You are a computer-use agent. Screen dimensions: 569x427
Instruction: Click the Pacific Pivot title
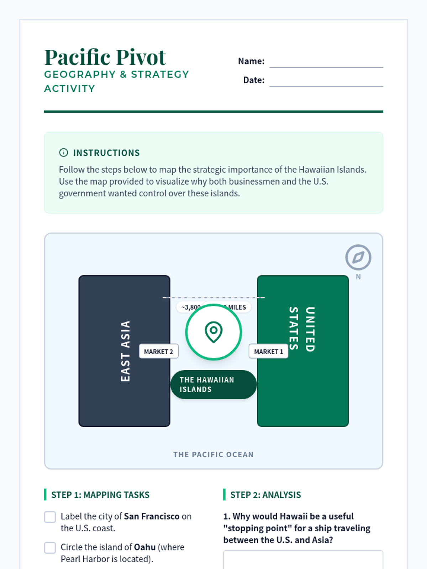pyautogui.click(x=105, y=57)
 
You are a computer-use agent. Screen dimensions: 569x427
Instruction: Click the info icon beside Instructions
pyautogui.click(x=63, y=153)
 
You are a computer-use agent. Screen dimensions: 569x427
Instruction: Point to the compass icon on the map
pyautogui.click(x=358, y=257)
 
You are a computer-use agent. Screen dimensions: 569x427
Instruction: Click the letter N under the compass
pyautogui.click(x=358, y=277)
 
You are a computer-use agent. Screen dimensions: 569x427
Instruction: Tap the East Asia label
pyautogui.click(x=125, y=351)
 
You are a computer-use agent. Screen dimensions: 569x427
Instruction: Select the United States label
pyautogui.click(x=302, y=329)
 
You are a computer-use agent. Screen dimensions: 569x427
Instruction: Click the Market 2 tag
pyautogui.click(x=158, y=351)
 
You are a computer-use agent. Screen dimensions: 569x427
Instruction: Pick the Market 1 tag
pyautogui.click(x=268, y=351)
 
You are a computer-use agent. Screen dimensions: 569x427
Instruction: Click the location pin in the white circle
pyautogui.click(x=213, y=332)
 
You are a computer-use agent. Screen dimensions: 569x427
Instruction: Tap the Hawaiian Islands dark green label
pyautogui.click(x=213, y=384)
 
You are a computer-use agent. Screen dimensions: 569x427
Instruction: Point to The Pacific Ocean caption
pyautogui.click(x=213, y=454)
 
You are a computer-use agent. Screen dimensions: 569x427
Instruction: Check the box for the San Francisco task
pyautogui.click(x=50, y=517)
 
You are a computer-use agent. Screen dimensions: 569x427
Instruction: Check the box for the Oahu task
pyautogui.click(x=50, y=548)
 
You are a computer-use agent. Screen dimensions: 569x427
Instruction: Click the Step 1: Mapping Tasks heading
pyautogui.click(x=100, y=495)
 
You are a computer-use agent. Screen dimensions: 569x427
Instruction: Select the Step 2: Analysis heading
pyautogui.click(x=265, y=495)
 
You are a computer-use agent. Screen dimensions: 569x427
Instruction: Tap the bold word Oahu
pyautogui.click(x=144, y=547)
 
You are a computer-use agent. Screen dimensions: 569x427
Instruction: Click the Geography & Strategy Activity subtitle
pyautogui.click(x=116, y=81)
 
